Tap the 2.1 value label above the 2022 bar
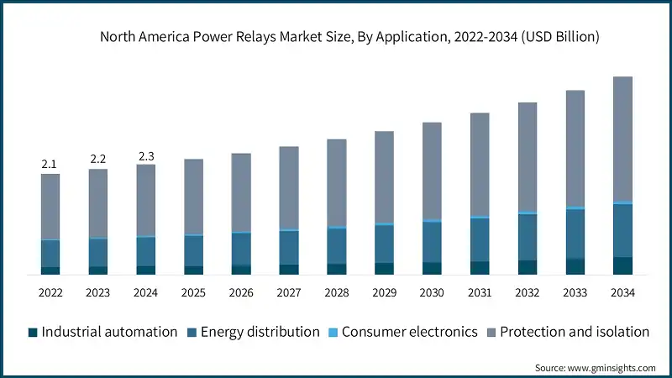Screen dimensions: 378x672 point(50,164)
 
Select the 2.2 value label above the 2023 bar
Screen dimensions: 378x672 point(98,159)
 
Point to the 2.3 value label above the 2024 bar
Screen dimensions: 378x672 point(145,155)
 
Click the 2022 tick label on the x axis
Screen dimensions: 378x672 point(50,293)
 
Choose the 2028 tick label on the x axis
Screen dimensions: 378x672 point(336,293)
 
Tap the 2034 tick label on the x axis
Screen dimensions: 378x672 point(622,293)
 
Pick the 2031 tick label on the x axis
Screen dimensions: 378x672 point(480,293)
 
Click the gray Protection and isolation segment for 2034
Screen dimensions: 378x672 point(622,139)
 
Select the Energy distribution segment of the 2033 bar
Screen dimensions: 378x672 point(575,234)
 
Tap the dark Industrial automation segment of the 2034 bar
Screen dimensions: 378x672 point(622,265)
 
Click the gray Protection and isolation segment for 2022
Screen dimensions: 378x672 point(50,206)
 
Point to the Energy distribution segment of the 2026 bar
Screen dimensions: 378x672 point(241,249)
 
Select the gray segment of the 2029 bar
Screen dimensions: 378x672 point(384,176)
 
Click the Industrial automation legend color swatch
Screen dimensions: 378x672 point(33,332)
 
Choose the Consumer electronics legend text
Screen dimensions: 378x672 point(409,332)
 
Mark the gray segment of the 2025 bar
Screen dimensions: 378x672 point(193,196)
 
